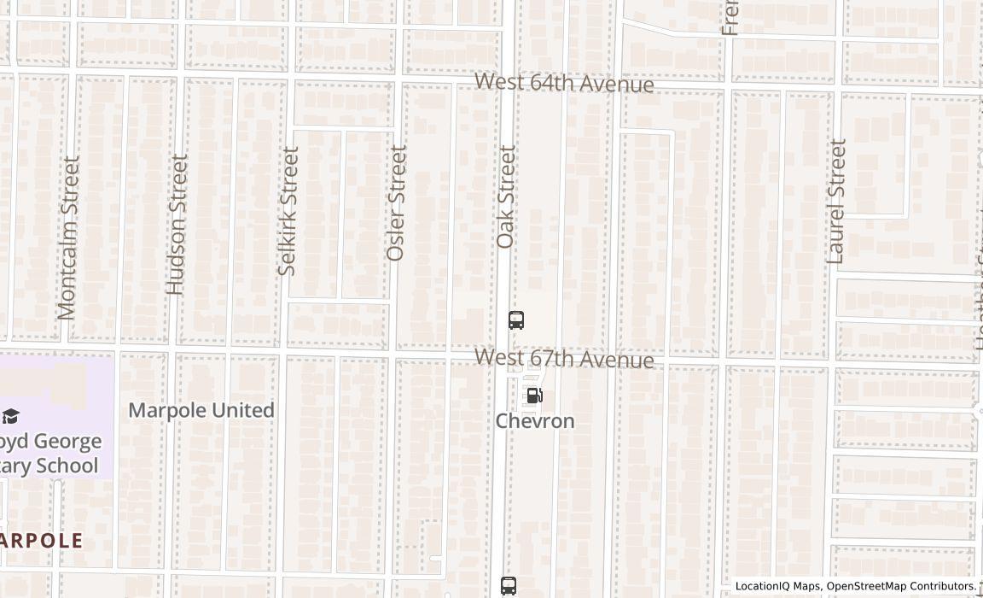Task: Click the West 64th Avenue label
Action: click(x=564, y=83)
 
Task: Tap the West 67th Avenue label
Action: click(x=564, y=358)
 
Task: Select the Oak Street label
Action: click(x=507, y=197)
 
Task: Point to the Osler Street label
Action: click(x=397, y=203)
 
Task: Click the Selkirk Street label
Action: click(x=288, y=211)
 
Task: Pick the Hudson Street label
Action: click(x=177, y=225)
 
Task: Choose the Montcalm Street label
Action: click(x=68, y=237)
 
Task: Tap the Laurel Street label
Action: click(x=837, y=201)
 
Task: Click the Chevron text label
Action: click(x=535, y=421)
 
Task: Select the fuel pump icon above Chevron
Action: click(x=535, y=396)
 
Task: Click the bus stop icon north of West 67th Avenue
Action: click(x=516, y=320)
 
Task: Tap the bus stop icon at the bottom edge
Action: click(x=509, y=586)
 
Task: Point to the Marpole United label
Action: click(x=201, y=410)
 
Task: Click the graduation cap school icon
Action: click(x=10, y=416)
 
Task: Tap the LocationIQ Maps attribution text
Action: click(x=778, y=586)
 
